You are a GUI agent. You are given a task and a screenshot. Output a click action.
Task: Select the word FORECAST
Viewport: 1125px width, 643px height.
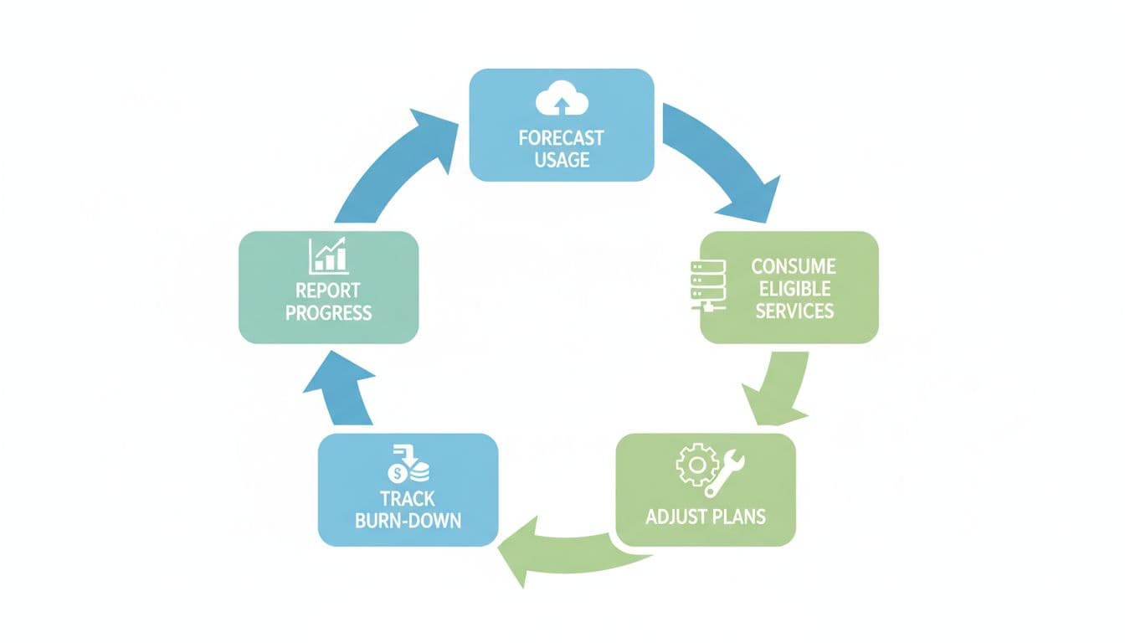(561, 138)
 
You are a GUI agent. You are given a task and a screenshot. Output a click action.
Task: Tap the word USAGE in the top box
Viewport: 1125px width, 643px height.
(562, 159)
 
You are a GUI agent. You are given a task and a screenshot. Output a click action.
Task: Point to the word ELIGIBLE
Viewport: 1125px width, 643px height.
(791, 289)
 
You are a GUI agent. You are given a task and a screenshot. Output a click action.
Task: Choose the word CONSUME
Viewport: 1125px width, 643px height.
(794, 267)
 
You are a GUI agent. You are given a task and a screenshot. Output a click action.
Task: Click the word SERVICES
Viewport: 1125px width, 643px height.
(792, 311)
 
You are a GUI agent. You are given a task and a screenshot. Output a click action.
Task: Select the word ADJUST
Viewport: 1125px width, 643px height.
(675, 516)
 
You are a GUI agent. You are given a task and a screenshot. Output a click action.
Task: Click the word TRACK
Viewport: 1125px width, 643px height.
(407, 499)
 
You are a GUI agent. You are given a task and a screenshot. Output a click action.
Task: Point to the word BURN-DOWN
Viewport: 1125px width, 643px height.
(408, 521)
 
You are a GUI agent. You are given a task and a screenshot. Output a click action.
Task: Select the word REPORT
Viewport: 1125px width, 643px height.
(328, 291)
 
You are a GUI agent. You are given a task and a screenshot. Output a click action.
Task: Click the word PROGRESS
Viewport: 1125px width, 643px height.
(328, 313)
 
